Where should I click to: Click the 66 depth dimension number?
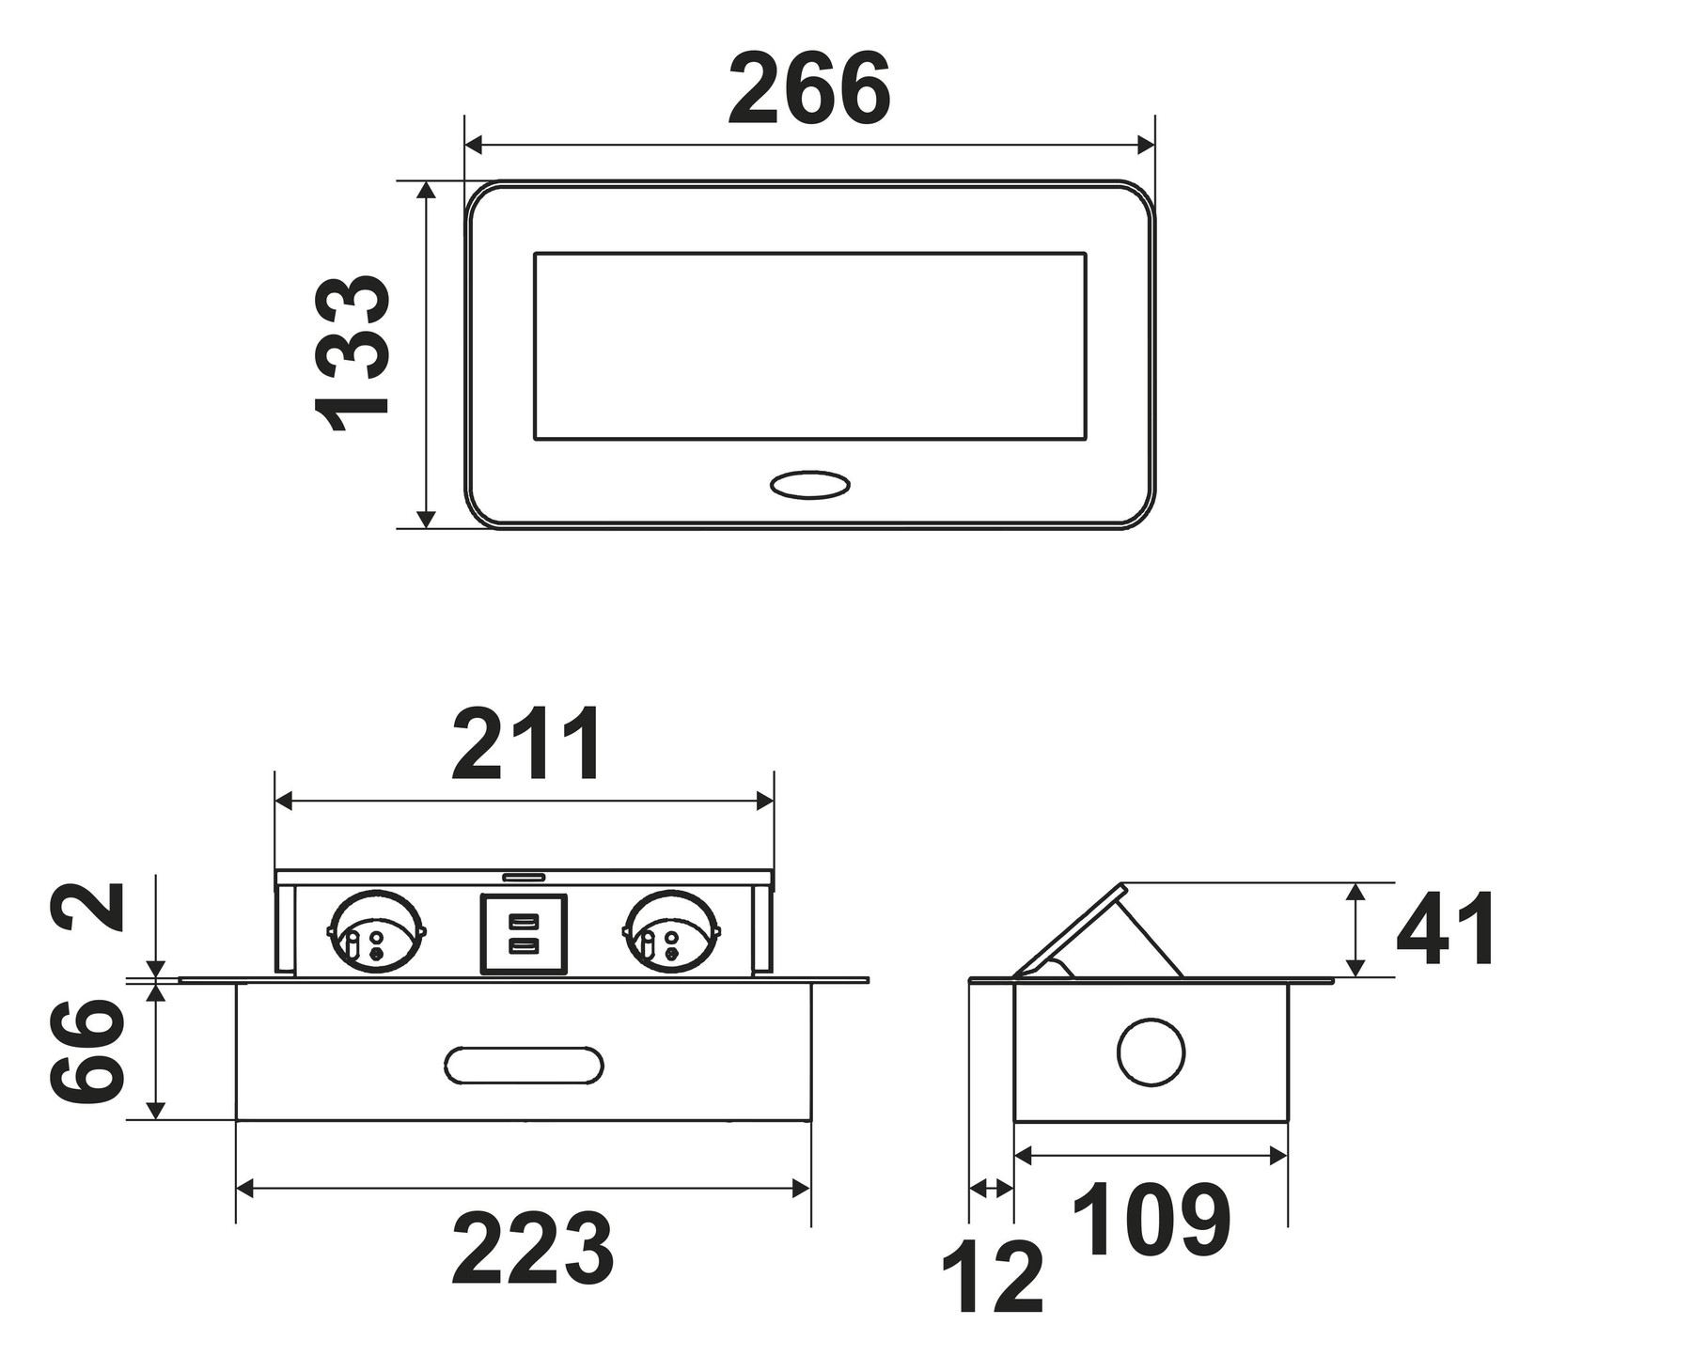86,1052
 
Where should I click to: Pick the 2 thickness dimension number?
86,905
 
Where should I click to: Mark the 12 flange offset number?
993,1279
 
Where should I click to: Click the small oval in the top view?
809,485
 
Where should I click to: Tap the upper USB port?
524,921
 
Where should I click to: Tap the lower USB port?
524,946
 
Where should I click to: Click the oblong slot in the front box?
524,1064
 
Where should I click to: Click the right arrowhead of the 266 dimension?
1145,145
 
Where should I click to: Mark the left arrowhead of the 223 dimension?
245,1189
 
